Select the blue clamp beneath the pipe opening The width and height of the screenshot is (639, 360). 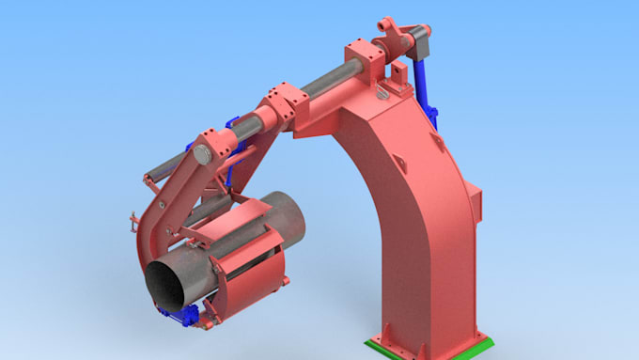(179, 319)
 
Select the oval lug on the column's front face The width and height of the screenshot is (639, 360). (436, 141)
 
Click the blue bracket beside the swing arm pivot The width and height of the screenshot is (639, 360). (200, 148)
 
